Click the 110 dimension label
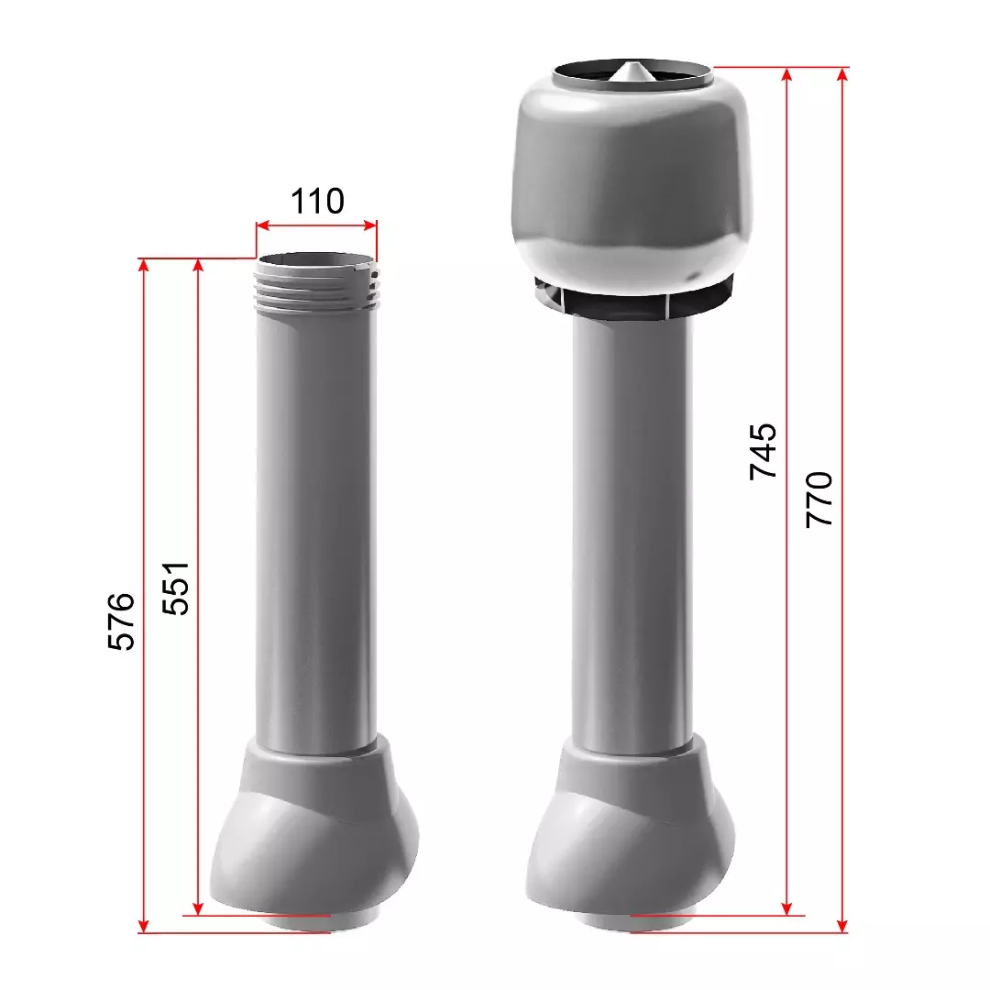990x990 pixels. [317, 202]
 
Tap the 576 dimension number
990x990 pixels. [121, 621]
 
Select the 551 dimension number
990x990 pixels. [175, 588]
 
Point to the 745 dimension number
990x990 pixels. [763, 451]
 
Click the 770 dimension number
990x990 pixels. [819, 499]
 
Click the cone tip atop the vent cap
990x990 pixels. [632, 64]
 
